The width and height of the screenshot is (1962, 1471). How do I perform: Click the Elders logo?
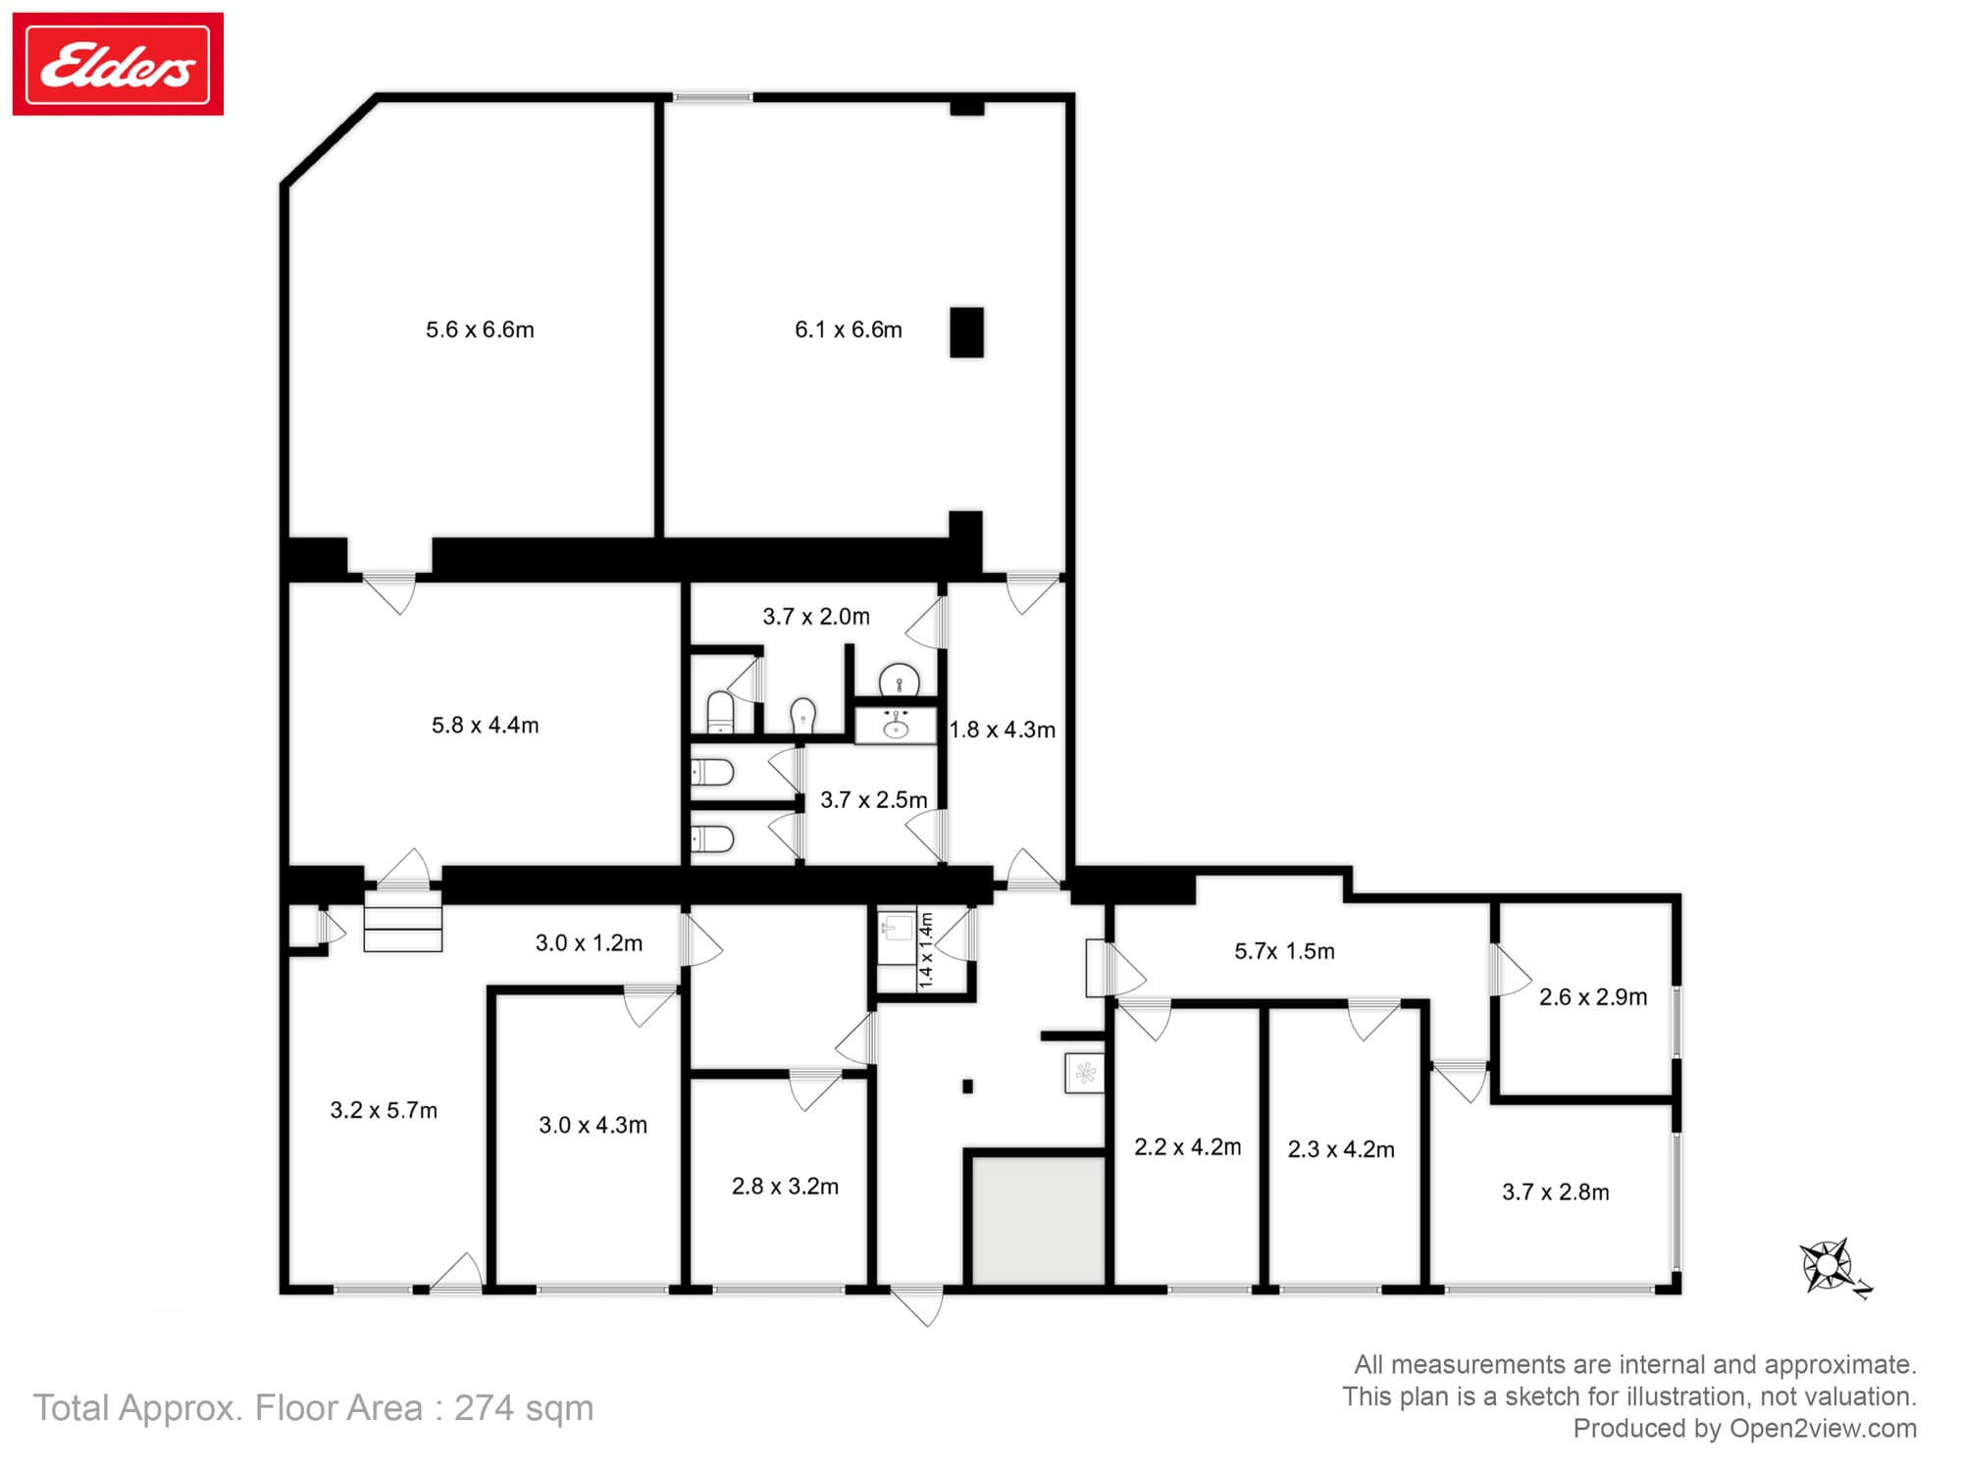pyautogui.click(x=118, y=65)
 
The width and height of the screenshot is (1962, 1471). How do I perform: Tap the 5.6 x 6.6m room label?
pyautogui.click(x=480, y=330)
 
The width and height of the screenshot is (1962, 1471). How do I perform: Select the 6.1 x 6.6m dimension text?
pyautogui.click(x=848, y=330)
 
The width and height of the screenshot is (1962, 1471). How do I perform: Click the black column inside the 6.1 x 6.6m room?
pyautogui.click(x=966, y=332)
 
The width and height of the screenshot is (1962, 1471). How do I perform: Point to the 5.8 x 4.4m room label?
pyautogui.click(x=485, y=725)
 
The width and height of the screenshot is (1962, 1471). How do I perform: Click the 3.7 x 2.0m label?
pyautogui.click(x=816, y=616)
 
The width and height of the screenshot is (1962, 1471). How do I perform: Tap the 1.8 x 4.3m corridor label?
pyautogui.click(x=1003, y=730)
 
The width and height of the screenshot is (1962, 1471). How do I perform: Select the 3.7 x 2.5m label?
pyautogui.click(x=873, y=799)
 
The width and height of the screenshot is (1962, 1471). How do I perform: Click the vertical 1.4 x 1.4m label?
pyautogui.click(x=926, y=949)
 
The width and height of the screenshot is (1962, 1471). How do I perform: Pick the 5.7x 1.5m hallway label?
pyautogui.click(x=1284, y=950)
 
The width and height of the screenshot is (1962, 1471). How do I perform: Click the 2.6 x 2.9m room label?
pyautogui.click(x=1592, y=996)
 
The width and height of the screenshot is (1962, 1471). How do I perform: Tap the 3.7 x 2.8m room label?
pyautogui.click(x=1555, y=1192)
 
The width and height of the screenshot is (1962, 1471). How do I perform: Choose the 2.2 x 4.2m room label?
pyautogui.click(x=1187, y=1146)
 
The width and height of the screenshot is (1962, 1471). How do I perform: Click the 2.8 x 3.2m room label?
pyautogui.click(x=785, y=1186)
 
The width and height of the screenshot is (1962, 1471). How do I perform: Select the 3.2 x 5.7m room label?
pyautogui.click(x=384, y=1110)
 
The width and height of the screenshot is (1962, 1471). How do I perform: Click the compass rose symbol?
pyautogui.click(x=1827, y=1265)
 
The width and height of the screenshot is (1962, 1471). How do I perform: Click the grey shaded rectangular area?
pyautogui.click(x=1038, y=1220)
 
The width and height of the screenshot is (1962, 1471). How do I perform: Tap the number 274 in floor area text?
pyautogui.click(x=484, y=1407)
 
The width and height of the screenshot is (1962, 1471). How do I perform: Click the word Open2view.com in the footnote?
pyautogui.click(x=1822, y=1428)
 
